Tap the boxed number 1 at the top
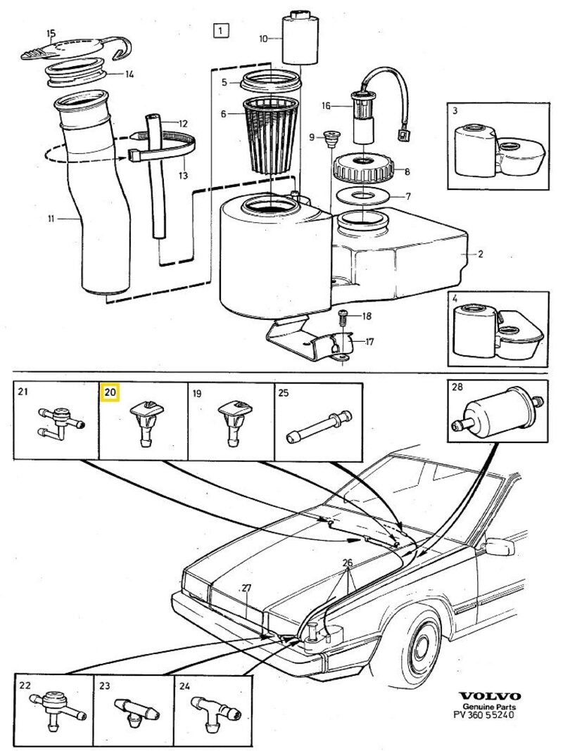(x=221, y=30)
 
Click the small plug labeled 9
(x=329, y=137)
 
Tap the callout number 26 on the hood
(x=347, y=562)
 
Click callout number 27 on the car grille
(x=246, y=588)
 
